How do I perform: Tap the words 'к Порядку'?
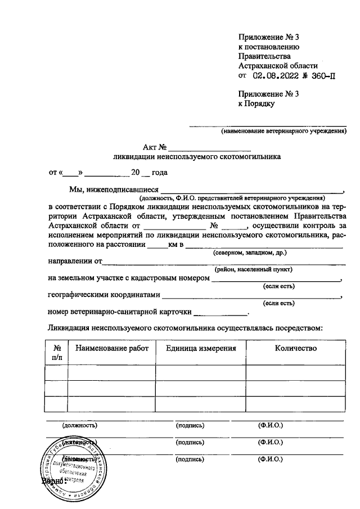click(256, 103)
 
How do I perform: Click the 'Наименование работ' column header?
click(112, 349)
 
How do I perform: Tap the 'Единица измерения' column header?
click(201, 349)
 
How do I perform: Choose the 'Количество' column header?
click(295, 349)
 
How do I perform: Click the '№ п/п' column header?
click(57, 353)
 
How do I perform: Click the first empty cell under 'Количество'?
click(295, 373)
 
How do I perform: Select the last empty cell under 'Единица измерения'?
click(201, 404)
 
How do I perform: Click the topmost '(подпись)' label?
click(190, 426)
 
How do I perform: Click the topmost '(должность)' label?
click(79, 426)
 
